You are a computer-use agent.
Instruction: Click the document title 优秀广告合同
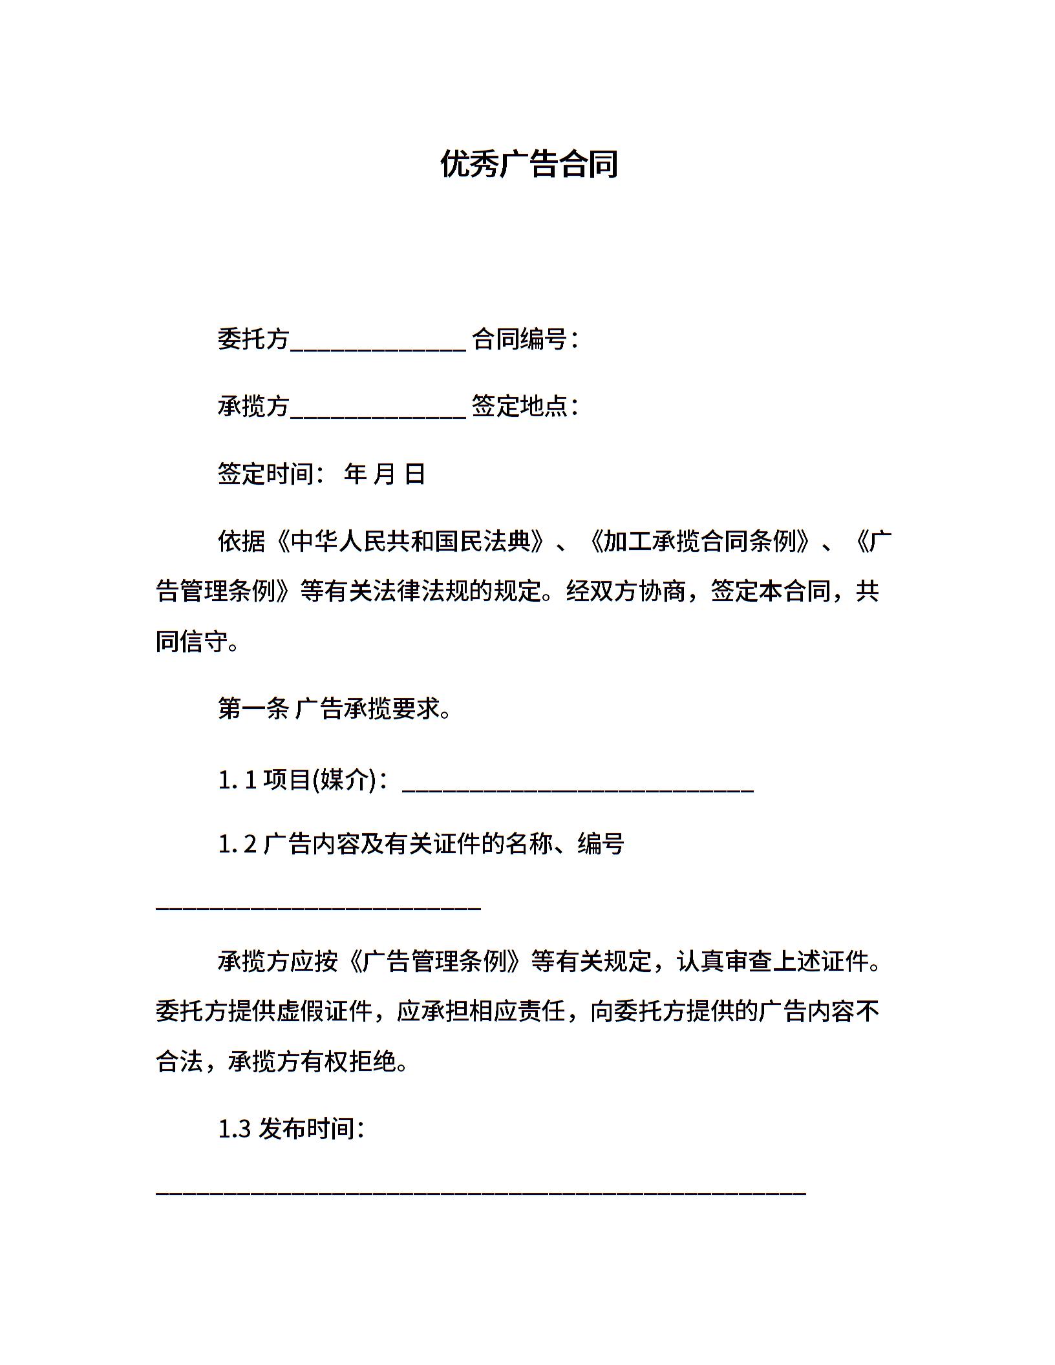click(x=529, y=164)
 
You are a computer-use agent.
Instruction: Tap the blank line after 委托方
click(x=378, y=341)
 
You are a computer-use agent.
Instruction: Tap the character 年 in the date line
click(x=355, y=474)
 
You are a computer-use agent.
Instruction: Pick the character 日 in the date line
click(x=414, y=474)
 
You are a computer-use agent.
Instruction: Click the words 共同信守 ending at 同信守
click(x=192, y=642)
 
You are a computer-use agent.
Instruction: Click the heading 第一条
click(x=253, y=709)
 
